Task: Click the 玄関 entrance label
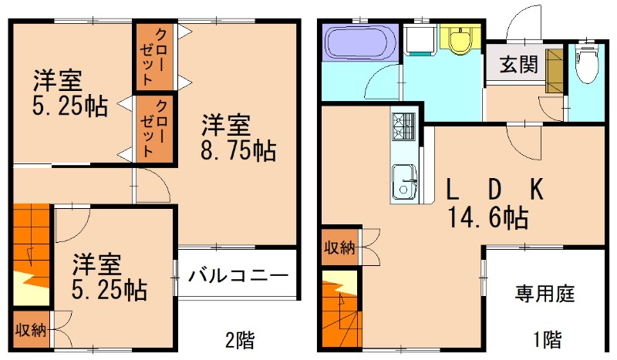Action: (x=518, y=65)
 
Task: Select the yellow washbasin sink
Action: (x=460, y=40)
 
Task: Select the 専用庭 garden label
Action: (x=545, y=294)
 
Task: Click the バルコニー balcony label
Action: (x=238, y=275)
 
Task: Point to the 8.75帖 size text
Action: (x=239, y=149)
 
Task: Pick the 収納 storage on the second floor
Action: (x=31, y=330)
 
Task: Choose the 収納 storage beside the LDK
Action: (x=339, y=248)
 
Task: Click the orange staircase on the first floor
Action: (x=339, y=308)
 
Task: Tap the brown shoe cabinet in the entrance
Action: (x=554, y=72)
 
